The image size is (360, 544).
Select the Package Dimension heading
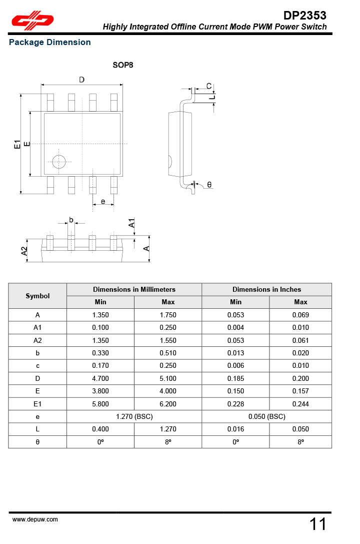pyautogui.click(x=50, y=43)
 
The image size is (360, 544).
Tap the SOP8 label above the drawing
pyautogui.click(x=122, y=65)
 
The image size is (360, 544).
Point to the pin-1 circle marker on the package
pyautogui.click(x=59, y=162)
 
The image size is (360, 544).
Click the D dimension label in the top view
pyautogui.click(x=81, y=80)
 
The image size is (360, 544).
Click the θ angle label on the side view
pyautogui.click(x=209, y=185)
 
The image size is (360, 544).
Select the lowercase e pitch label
pyautogui.click(x=102, y=201)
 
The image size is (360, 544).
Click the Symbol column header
pyautogui.click(x=37, y=296)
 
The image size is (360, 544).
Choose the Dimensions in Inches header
pyautogui.click(x=266, y=289)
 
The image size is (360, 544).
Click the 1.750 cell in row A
pyautogui.click(x=168, y=315)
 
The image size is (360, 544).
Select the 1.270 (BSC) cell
pyautogui.click(x=134, y=416)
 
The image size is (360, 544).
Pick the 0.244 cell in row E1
pyautogui.click(x=300, y=404)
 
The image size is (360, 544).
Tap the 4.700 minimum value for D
pyautogui.click(x=100, y=378)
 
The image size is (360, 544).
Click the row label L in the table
pyautogui.click(x=37, y=429)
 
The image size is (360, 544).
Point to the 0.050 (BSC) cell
pyautogui.click(x=266, y=416)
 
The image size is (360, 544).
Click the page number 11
pyautogui.click(x=318, y=524)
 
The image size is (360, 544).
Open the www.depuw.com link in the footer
pyautogui.click(x=35, y=519)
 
